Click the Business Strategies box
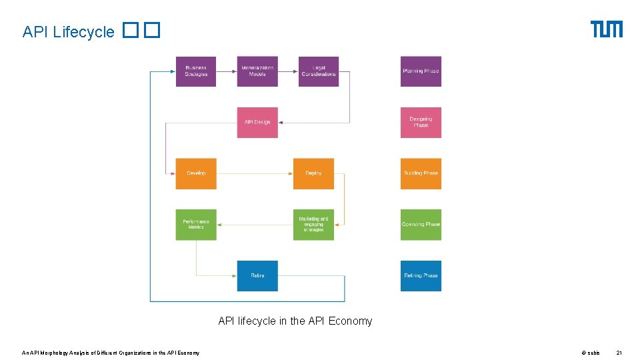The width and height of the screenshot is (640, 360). coord(196,71)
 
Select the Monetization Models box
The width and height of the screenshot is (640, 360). coord(257,71)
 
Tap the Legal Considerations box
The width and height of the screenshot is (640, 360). coord(319,71)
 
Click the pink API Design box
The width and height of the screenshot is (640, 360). coord(257,123)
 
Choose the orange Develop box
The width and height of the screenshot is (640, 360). coord(196,173)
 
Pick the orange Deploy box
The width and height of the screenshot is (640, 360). coord(313,173)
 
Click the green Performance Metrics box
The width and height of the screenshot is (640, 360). coord(196,225)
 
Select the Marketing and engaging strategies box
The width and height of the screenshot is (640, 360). coord(313,225)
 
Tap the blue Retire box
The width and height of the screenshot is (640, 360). coord(257,275)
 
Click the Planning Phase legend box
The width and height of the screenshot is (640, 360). coord(421,71)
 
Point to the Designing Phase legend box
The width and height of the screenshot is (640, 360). coord(421,123)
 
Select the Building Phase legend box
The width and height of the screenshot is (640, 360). coord(421,173)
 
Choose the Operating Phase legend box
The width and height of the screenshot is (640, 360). coord(421,225)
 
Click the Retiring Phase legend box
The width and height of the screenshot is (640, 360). coord(421,275)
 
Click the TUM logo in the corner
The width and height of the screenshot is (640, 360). coord(606,29)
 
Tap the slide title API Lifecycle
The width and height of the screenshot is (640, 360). coord(69,32)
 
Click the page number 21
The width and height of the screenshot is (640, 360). coord(619,352)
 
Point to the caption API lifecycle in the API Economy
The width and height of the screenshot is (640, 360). coord(295,321)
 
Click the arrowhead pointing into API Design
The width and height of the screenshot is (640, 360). coord(281,123)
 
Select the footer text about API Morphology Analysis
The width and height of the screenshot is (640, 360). coord(111,352)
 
